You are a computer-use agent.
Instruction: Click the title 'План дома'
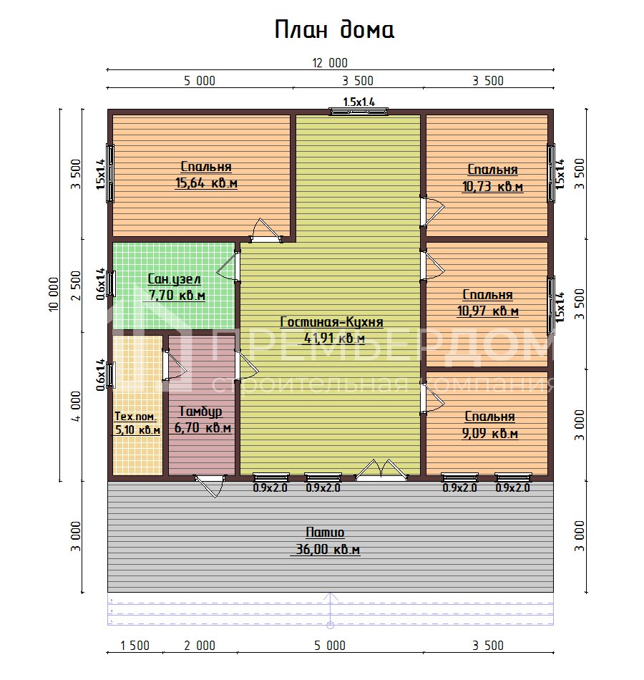click(334, 30)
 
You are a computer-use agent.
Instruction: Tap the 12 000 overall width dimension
click(330, 63)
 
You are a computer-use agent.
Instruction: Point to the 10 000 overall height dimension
click(53, 294)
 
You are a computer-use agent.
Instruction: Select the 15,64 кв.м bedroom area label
click(206, 183)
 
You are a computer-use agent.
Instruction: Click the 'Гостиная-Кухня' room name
click(332, 322)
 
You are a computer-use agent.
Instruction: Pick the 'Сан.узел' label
click(174, 279)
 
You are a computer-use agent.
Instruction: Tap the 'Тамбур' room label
click(200, 411)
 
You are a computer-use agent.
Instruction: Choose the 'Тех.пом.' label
click(135, 417)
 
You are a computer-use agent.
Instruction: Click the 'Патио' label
click(325, 532)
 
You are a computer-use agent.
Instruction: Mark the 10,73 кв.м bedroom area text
click(492, 187)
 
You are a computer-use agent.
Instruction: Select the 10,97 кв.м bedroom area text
click(488, 311)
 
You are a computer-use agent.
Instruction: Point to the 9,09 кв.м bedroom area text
click(490, 433)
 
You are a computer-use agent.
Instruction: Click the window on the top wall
click(358, 112)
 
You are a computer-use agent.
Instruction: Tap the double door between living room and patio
click(381, 470)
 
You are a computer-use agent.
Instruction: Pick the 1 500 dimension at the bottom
click(135, 646)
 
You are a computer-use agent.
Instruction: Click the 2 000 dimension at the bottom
click(200, 646)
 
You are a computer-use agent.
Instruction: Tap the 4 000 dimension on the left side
click(76, 407)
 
